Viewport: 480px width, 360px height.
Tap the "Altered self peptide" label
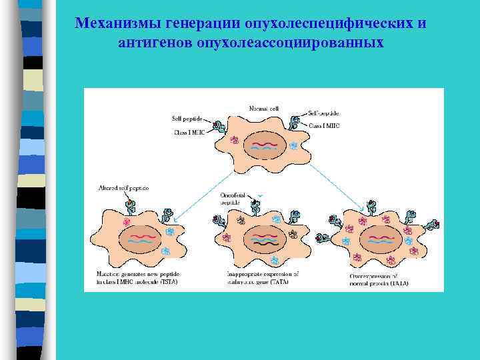click(123, 188)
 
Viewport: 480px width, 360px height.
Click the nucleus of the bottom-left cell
click(137, 239)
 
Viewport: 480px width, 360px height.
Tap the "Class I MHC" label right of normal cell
click(323, 125)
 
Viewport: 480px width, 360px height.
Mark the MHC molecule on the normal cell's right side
click(293, 122)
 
